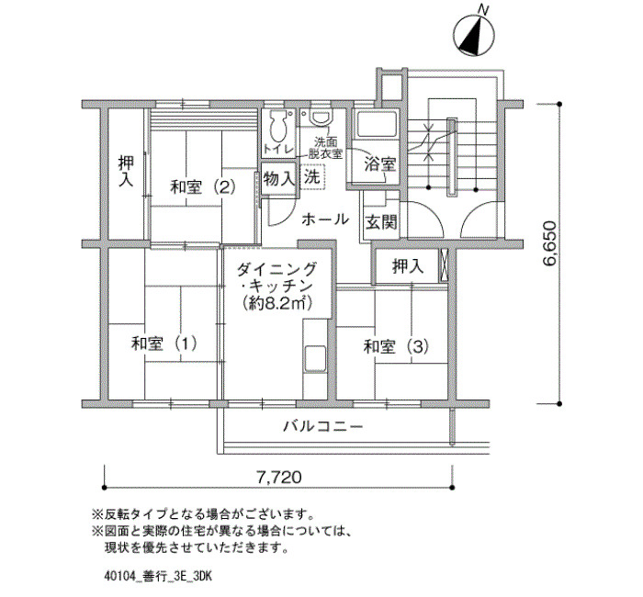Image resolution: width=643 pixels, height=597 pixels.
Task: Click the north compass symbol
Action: click(x=474, y=35)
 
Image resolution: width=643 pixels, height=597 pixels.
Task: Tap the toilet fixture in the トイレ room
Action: click(x=278, y=127)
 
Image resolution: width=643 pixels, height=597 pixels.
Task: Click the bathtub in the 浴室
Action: click(x=377, y=124)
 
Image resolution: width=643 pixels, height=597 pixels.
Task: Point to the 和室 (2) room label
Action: click(x=203, y=187)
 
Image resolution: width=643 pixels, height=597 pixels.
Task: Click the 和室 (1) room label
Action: click(x=164, y=344)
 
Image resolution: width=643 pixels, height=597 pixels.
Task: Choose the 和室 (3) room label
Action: click(x=397, y=347)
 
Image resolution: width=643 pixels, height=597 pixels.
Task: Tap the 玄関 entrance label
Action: click(x=381, y=222)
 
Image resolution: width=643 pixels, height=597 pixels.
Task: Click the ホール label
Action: click(x=325, y=220)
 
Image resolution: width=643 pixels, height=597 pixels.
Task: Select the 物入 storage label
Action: click(x=279, y=178)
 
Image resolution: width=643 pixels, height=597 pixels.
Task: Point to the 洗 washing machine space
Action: click(x=311, y=176)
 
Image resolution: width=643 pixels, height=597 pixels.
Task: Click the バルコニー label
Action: click(x=323, y=427)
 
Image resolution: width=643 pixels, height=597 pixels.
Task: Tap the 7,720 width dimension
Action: click(x=279, y=477)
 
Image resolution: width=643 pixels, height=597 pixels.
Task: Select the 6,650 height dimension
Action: click(x=549, y=244)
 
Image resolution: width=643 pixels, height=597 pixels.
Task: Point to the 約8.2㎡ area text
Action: click(x=278, y=302)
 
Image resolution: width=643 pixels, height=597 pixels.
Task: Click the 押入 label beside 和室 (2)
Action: click(x=126, y=171)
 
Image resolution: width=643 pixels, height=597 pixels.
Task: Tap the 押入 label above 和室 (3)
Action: click(x=408, y=266)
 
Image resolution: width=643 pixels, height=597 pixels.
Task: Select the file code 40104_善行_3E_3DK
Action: click(x=158, y=577)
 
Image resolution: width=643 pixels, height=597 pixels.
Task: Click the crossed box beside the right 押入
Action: click(x=444, y=265)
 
